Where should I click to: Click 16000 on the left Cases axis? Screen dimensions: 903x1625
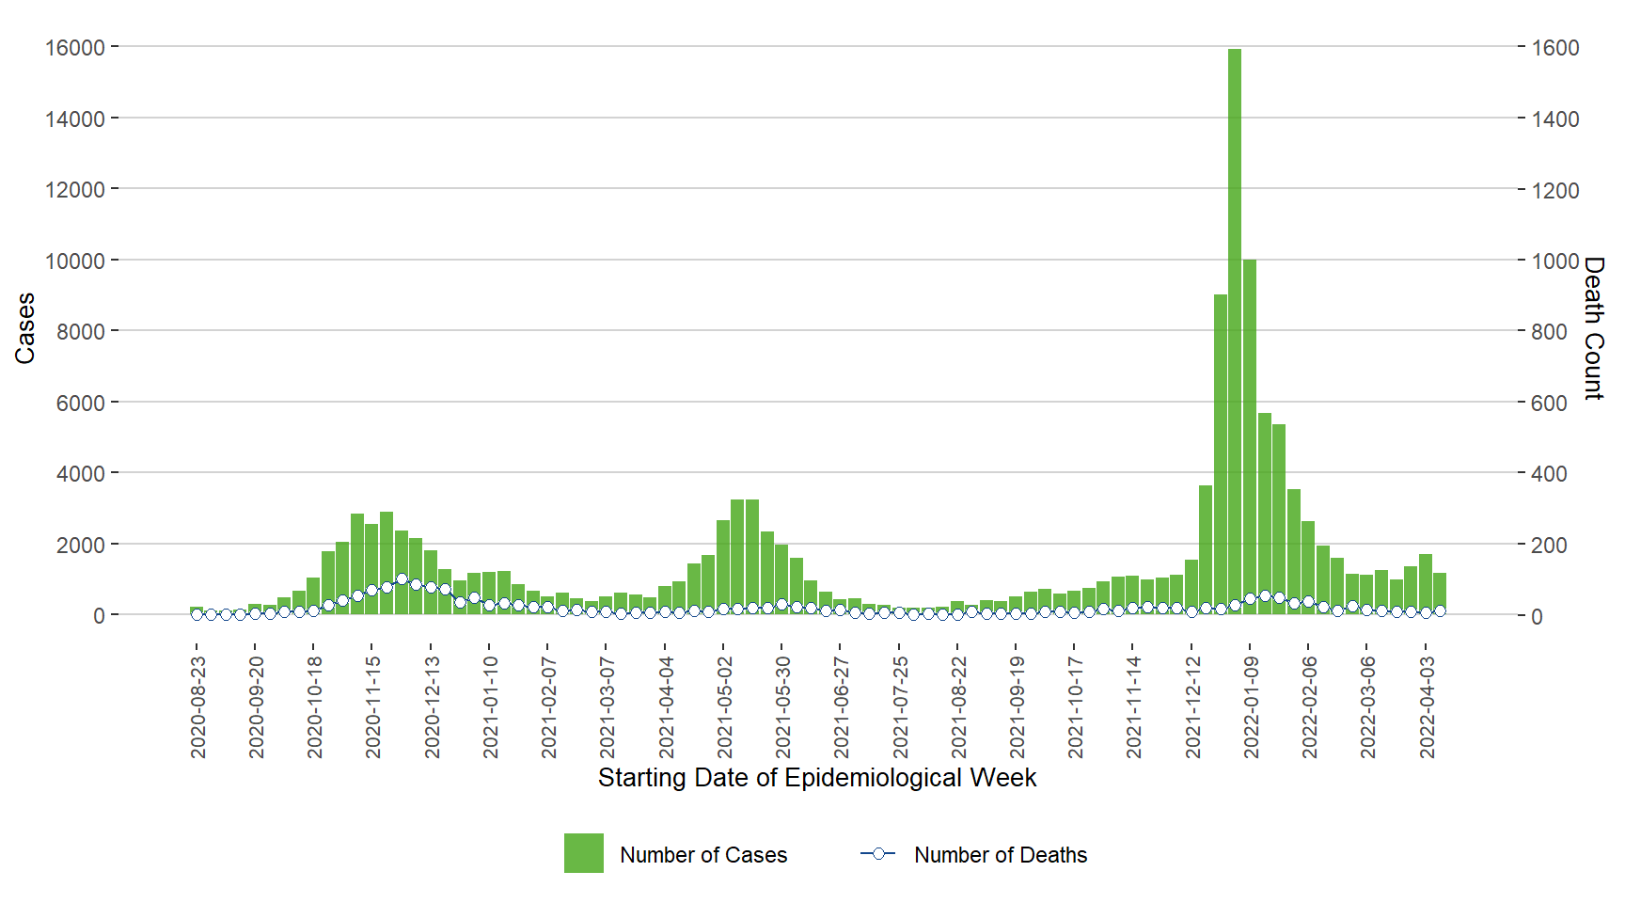tap(75, 47)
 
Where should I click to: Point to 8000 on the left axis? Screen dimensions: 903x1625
tap(81, 331)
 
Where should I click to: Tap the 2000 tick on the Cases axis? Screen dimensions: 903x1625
tap(81, 545)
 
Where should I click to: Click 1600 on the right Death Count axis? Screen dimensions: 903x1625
tap(1555, 48)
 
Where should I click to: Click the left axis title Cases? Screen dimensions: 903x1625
tap(24, 328)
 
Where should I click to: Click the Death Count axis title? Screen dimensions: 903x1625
tap(1593, 328)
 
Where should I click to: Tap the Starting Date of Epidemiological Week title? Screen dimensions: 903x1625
tap(817, 778)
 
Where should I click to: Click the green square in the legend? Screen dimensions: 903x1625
tap(583, 853)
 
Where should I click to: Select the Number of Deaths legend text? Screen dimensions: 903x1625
tap(1001, 855)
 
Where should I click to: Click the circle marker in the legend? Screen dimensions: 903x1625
tap(878, 853)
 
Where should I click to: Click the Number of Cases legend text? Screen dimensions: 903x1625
tap(703, 855)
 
